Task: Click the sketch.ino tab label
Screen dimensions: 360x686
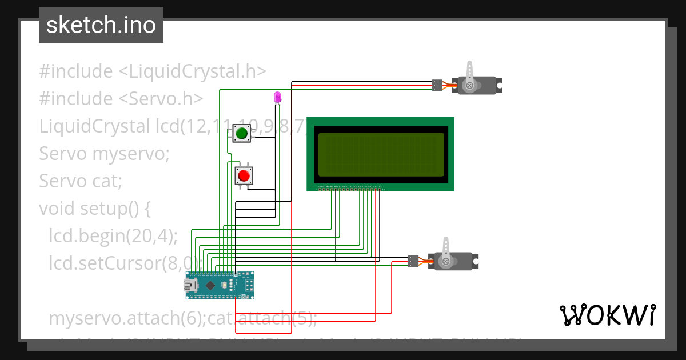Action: click(x=101, y=25)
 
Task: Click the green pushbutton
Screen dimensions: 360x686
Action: click(x=241, y=134)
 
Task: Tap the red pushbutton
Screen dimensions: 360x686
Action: click(x=244, y=175)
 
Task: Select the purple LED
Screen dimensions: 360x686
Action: click(x=277, y=97)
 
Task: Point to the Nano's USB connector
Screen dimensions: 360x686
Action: click(x=191, y=285)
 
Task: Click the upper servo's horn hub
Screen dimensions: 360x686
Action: click(x=470, y=86)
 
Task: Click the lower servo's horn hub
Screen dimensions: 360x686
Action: click(x=446, y=261)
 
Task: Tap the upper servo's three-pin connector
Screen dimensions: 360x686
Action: click(x=437, y=85)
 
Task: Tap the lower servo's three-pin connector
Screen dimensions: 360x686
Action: click(x=414, y=261)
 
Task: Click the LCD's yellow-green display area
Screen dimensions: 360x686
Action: click(x=381, y=154)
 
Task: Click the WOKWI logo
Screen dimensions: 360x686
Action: click(x=607, y=315)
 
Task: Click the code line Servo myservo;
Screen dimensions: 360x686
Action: click(x=104, y=154)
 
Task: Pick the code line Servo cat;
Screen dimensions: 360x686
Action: click(x=81, y=181)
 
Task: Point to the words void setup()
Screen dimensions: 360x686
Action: click(x=94, y=209)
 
